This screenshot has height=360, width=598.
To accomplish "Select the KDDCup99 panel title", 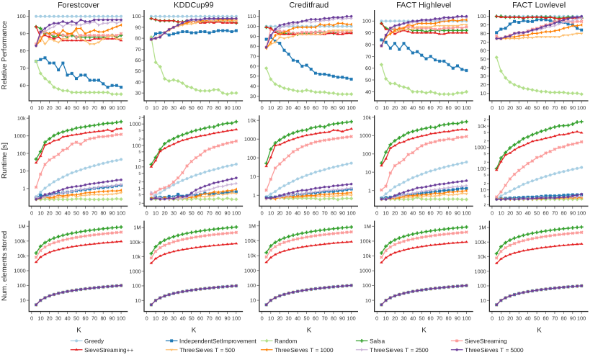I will pyautogui.click(x=194, y=6).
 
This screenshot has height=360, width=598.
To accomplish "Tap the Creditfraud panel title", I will pyautogui.click(x=309, y=6).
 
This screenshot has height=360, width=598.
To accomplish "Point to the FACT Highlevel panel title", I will pyautogui.click(x=424, y=6).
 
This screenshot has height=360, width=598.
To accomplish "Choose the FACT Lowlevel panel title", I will pyautogui.click(x=539, y=6).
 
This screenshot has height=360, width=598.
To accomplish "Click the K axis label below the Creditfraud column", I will pyautogui.click(x=309, y=329).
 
